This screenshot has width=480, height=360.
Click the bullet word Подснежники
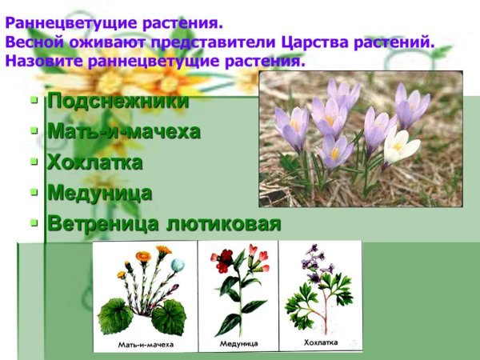(118, 102)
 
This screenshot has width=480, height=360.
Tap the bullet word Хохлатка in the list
(94, 162)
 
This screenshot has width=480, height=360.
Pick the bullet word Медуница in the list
(99, 193)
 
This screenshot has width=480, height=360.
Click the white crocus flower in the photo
(400, 146)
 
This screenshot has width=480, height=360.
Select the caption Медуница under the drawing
(239, 343)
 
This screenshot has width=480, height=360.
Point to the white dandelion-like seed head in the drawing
(178, 265)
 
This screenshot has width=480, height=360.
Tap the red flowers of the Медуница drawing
(224, 258)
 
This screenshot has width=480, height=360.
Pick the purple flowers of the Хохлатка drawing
(310, 264)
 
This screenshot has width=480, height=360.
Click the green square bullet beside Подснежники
(34, 102)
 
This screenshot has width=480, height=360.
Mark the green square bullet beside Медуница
(34, 193)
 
